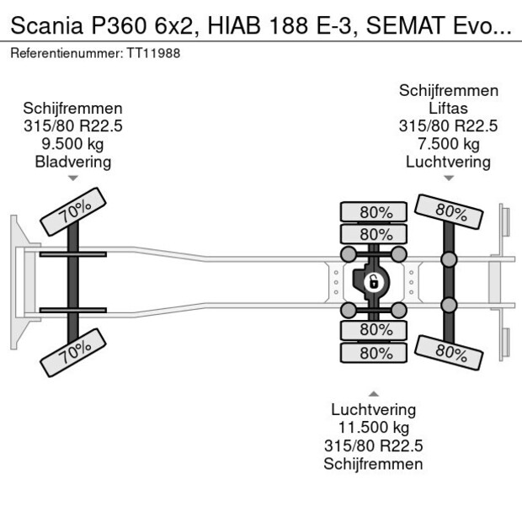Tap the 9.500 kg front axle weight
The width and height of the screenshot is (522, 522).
pyautogui.click(x=73, y=144)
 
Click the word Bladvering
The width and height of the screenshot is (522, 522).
pyautogui.click(x=73, y=162)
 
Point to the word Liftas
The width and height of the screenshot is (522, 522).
pyautogui.click(x=448, y=109)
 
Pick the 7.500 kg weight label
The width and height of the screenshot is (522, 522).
pyautogui.click(x=448, y=144)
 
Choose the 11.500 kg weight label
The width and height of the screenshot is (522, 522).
pyautogui.click(x=373, y=428)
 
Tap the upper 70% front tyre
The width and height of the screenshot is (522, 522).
pyautogui.click(x=74, y=211)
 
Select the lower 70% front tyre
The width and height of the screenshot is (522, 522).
pyautogui.click(x=74, y=352)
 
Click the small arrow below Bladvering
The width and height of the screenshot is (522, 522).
pyautogui.click(x=73, y=178)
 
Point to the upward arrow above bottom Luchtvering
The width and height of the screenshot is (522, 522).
pyautogui.click(x=373, y=393)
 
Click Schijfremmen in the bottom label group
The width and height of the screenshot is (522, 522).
pyautogui.click(x=373, y=464)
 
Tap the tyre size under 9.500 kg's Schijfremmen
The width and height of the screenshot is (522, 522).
pyautogui.click(x=73, y=126)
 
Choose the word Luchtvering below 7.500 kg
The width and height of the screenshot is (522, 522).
pyautogui.click(x=448, y=162)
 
